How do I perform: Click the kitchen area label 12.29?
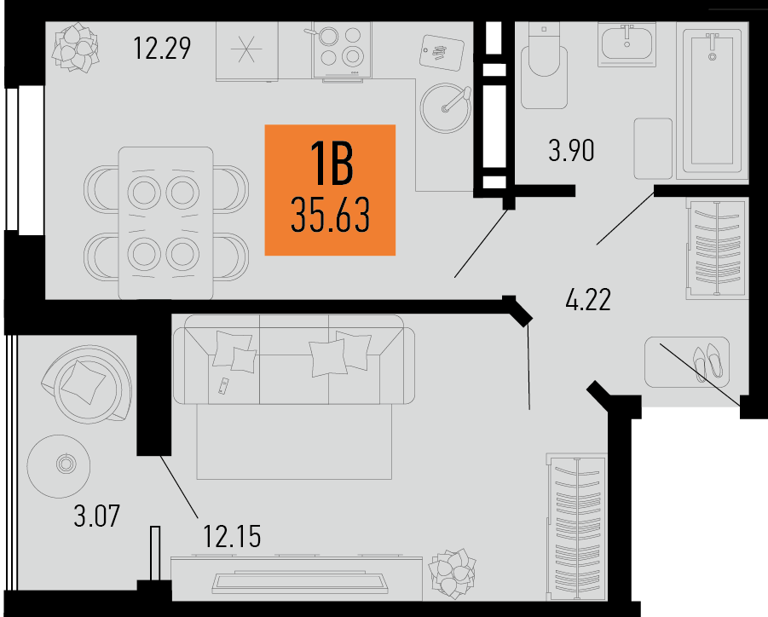162,49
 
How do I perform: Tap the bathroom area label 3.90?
571,150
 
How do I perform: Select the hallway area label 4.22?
588,300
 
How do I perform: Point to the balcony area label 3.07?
96,516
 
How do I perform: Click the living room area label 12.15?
232,536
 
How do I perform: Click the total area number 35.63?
330,215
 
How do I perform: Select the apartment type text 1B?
332,163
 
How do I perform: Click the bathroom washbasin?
627,44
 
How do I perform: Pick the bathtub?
713,103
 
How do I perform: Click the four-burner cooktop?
342,50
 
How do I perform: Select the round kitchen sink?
446,107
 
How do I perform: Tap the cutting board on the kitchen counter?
442,52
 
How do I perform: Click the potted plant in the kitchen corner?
76,48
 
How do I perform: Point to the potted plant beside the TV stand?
452,573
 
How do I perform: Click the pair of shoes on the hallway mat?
707,362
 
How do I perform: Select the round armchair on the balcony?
86,384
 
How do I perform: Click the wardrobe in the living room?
577,527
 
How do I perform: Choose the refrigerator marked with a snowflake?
247,51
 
